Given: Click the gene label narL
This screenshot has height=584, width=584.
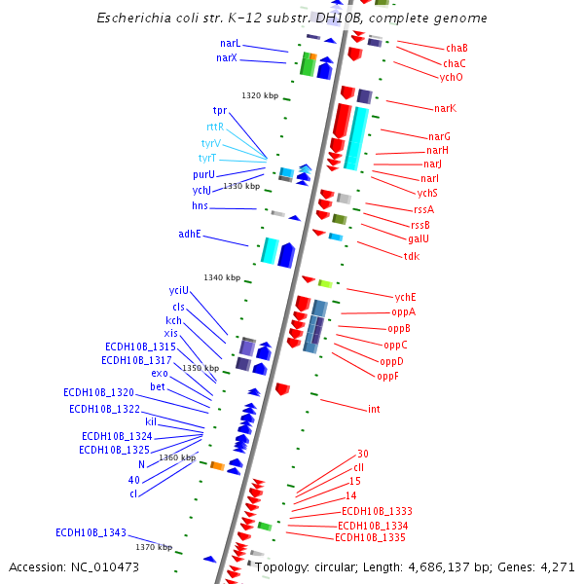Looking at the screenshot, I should point(230,44).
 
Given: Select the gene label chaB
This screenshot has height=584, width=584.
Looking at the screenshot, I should point(456,48).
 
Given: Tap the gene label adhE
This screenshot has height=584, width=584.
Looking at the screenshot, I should point(189,234).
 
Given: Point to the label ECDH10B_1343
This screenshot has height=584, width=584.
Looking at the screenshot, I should point(91,532).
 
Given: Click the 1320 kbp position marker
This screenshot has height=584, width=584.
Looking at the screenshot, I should point(260,95).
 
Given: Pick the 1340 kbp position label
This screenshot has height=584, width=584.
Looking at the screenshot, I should point(221,277).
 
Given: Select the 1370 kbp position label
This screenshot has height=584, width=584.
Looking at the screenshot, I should point(154,547).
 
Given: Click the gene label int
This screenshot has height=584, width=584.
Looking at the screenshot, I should point(374,409).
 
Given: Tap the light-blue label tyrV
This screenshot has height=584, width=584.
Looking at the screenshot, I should point(209,142).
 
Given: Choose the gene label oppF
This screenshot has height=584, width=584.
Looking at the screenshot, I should point(387,376).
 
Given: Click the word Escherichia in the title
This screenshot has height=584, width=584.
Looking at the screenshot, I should point(134,18).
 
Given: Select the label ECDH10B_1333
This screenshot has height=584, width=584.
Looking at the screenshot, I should point(377,511).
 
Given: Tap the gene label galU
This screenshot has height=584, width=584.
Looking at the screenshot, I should point(419,239).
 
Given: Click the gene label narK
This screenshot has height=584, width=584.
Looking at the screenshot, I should point(445,108).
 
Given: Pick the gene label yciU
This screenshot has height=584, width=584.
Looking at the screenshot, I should point(179,290).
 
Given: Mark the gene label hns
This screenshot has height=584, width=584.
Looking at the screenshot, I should point(200,206).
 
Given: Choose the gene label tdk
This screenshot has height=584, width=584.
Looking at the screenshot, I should point(412,256).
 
